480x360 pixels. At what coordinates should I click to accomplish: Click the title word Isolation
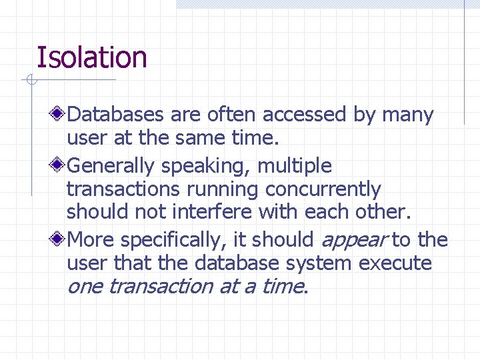(91, 57)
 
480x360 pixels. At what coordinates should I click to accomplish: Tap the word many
(407, 115)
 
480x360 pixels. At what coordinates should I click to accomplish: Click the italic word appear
(353, 239)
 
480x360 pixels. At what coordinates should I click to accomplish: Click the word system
(319, 263)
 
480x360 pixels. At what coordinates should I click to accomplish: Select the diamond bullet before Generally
(59, 165)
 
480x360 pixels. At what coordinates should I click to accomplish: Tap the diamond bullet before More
(59, 239)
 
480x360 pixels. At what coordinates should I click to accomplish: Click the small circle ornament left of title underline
(29, 81)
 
